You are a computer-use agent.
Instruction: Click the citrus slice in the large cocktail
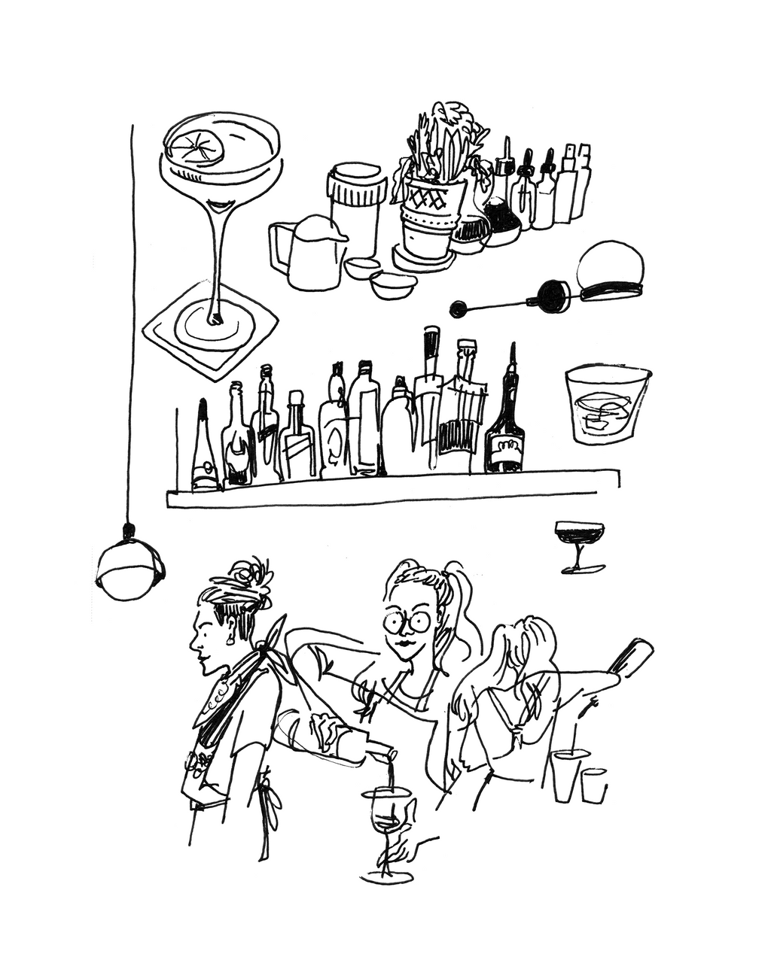pyautogui.click(x=195, y=146)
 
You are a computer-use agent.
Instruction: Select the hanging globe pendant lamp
pyautogui.click(x=130, y=570)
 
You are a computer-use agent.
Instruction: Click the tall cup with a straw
pyautogui.click(x=566, y=775)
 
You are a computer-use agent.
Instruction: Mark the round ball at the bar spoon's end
pyautogui.click(x=456, y=308)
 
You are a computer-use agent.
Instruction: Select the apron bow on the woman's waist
pyautogui.click(x=266, y=797)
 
